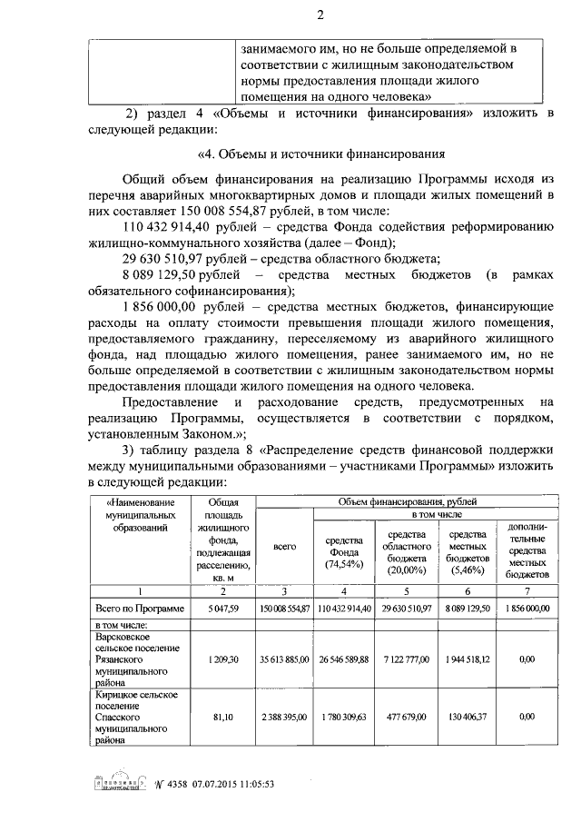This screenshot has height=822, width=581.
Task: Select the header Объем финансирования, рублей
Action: point(407,501)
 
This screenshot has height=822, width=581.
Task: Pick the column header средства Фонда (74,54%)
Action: point(344,552)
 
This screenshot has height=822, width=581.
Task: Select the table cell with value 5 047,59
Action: point(222,608)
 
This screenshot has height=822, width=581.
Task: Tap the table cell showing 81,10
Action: point(222,717)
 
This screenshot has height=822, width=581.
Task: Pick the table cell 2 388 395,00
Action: point(285,717)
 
